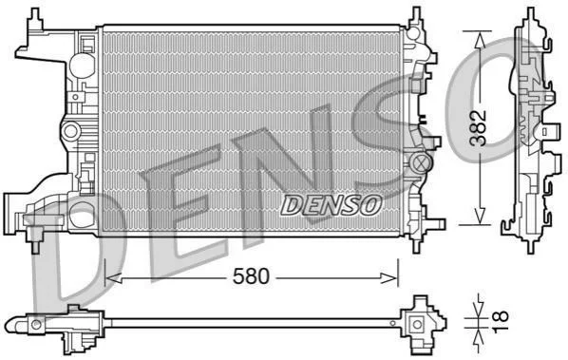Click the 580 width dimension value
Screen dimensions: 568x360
(x=251, y=276)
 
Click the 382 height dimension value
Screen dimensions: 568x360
(x=478, y=127)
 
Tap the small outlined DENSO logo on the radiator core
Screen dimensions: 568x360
(x=331, y=205)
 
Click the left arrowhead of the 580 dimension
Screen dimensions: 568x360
(x=113, y=278)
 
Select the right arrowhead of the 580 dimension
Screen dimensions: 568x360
(x=389, y=278)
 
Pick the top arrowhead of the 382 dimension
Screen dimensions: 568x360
(x=480, y=39)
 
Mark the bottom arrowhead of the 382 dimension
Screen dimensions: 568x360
(x=480, y=216)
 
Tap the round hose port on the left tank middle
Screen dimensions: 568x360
(x=71, y=131)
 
